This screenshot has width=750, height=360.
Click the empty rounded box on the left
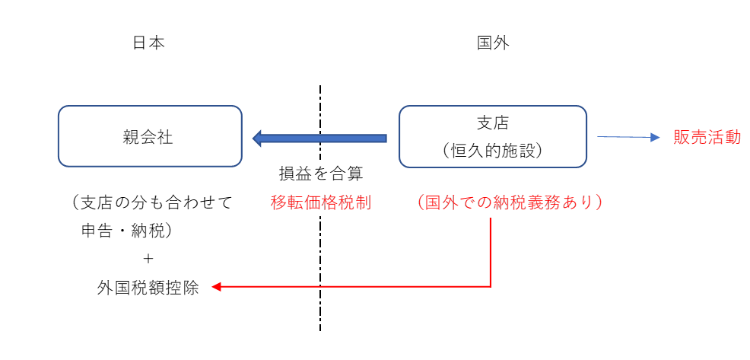click(150, 136)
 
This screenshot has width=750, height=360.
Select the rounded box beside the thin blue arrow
click(493, 137)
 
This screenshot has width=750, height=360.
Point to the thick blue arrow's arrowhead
click(257, 139)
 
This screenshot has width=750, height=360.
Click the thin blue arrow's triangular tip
click(656, 137)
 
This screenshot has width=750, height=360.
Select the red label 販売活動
click(707, 138)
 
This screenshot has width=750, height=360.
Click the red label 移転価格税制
click(321, 203)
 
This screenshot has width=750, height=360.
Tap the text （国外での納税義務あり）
click(510, 203)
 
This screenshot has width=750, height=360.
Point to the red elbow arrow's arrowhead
click(216, 287)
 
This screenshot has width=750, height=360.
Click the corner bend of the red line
click(491, 286)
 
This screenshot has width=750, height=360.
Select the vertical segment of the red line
click(491, 251)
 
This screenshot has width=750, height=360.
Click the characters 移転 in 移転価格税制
click(288, 203)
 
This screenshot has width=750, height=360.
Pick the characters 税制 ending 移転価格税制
click(355, 203)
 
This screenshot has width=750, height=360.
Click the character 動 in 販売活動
click(733, 138)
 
